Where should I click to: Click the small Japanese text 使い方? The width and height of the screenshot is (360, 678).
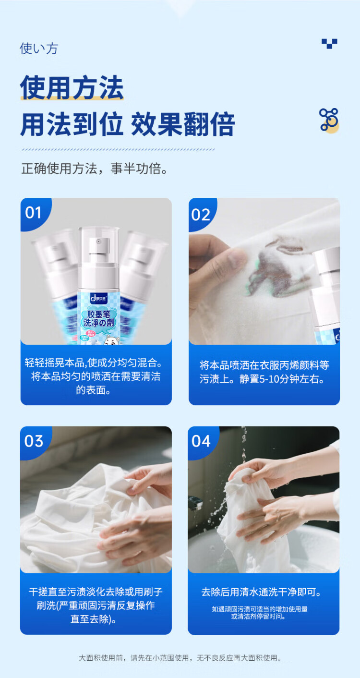point(39,48)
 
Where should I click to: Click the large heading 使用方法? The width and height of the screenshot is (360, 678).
point(72,88)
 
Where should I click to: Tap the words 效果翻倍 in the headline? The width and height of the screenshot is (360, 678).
point(183,124)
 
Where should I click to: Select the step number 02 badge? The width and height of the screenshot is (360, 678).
point(201,215)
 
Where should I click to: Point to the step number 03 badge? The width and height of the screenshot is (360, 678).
point(34,441)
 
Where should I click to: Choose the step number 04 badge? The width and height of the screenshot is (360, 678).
point(201,441)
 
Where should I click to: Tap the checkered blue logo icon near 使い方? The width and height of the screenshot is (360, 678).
point(329,43)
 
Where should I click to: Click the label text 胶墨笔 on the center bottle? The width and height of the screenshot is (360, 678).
point(98,314)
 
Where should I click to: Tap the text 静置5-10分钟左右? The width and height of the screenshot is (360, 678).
point(282,379)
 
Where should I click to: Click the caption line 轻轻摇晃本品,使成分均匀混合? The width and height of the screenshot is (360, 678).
point(94,363)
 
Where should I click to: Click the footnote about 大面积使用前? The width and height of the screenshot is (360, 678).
point(180,658)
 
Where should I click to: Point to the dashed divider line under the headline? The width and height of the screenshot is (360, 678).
point(118,149)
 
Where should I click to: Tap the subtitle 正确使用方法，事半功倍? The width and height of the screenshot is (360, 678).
point(95,169)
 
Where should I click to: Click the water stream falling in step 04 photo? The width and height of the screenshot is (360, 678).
point(243,445)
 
